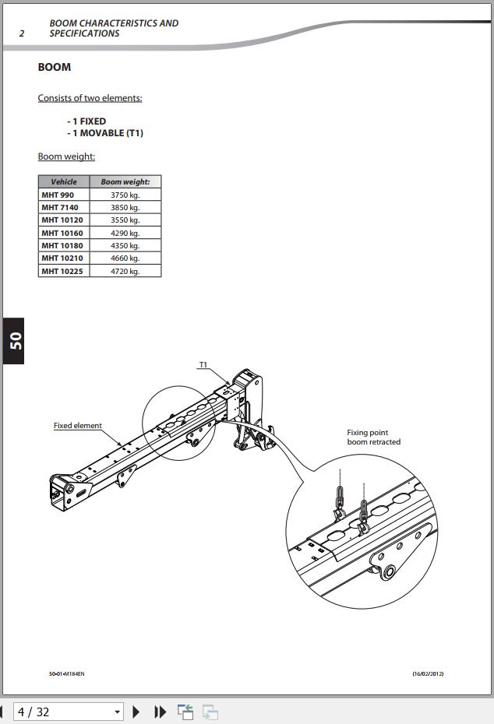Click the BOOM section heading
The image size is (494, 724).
(55, 67)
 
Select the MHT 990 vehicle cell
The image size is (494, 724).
(64, 195)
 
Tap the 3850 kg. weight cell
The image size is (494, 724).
(125, 207)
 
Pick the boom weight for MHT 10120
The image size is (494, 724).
(125, 220)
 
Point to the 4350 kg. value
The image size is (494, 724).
(125, 245)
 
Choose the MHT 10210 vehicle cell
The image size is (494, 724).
(64, 258)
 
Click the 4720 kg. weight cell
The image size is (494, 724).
(125, 271)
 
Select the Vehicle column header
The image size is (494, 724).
(64, 181)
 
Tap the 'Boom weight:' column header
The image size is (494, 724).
(125, 181)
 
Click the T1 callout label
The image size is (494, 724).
(203, 365)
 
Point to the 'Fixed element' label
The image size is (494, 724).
(78, 425)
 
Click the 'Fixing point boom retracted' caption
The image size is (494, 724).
(374, 437)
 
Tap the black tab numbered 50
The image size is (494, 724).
(13, 341)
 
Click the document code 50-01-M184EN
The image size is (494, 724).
(66, 673)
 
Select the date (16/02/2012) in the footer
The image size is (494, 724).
(428, 673)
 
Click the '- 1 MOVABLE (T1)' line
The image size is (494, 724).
(105, 133)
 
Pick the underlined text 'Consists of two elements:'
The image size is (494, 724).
(90, 98)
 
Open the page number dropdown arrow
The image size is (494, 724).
(118, 712)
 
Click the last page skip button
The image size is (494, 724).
(160, 712)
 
